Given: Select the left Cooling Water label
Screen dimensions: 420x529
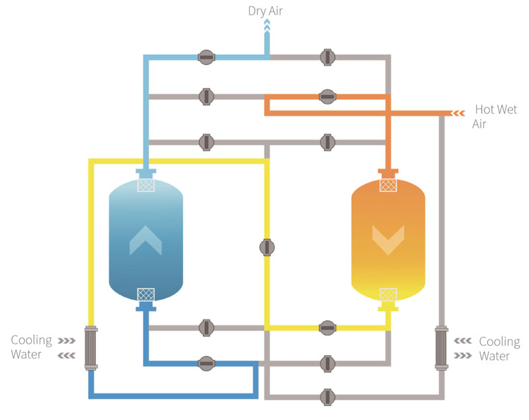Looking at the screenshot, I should click(x=30, y=347).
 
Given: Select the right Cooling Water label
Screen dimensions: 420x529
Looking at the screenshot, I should click(x=499, y=349).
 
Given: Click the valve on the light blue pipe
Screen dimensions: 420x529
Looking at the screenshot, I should click(x=206, y=58).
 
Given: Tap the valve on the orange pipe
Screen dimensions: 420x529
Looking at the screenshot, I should click(x=327, y=97).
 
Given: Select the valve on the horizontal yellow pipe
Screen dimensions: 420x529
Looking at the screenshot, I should click(x=327, y=327).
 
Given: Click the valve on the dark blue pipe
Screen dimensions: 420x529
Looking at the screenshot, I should click(x=206, y=363).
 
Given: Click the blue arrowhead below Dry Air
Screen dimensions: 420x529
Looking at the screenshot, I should click(x=267, y=26).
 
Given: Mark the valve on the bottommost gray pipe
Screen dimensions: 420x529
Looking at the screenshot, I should click(x=327, y=397).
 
